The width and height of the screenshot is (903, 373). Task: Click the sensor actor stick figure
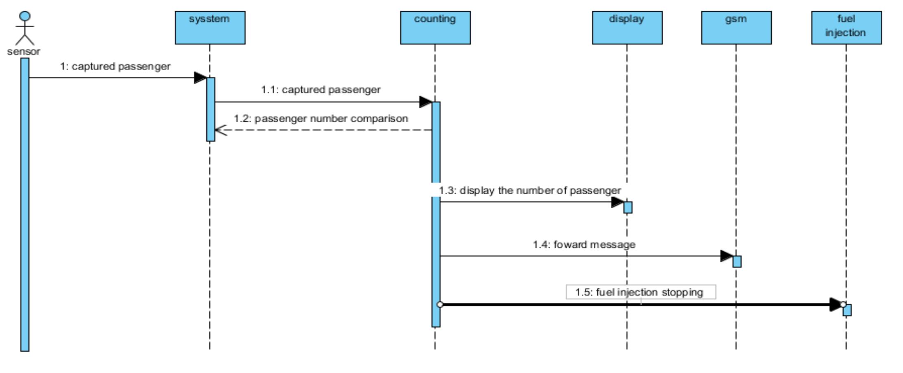[x=25, y=28]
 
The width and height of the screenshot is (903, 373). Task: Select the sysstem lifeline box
[x=210, y=28]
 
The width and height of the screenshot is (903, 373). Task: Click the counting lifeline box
[x=435, y=28]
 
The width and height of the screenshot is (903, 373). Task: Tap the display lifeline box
[x=627, y=28]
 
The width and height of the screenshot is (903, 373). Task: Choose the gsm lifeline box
[x=736, y=28]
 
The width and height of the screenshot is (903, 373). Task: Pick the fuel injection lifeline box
[x=846, y=28]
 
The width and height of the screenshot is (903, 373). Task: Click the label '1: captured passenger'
[x=115, y=67]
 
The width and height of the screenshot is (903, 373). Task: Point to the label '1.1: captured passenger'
[x=321, y=90]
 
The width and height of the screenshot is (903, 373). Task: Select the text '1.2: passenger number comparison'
[x=321, y=119]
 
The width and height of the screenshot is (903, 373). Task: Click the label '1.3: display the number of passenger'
[x=530, y=190]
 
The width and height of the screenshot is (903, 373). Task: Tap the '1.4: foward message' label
[x=584, y=245]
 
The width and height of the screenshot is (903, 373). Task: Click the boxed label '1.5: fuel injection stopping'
[x=640, y=292]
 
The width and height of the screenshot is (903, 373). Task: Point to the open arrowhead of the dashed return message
[x=220, y=130]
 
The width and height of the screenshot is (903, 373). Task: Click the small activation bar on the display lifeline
[x=628, y=207]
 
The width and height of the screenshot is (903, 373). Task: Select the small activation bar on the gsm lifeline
[x=737, y=261]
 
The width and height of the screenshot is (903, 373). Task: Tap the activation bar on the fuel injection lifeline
[x=847, y=310]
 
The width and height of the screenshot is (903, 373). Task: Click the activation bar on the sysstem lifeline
[x=211, y=109]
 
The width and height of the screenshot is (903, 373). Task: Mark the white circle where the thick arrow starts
[x=440, y=304]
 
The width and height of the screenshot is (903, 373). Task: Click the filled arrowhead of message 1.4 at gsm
[x=726, y=256]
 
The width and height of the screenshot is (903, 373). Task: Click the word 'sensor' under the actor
[x=24, y=52]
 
